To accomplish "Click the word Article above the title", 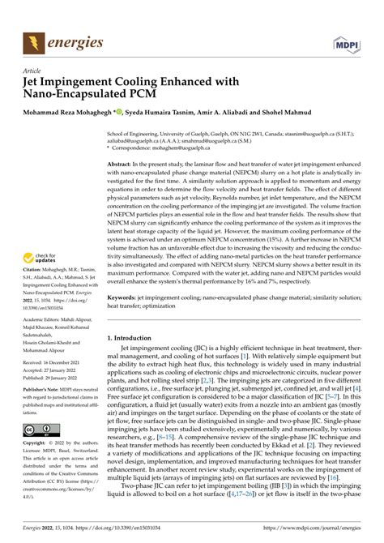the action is point(34,71).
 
